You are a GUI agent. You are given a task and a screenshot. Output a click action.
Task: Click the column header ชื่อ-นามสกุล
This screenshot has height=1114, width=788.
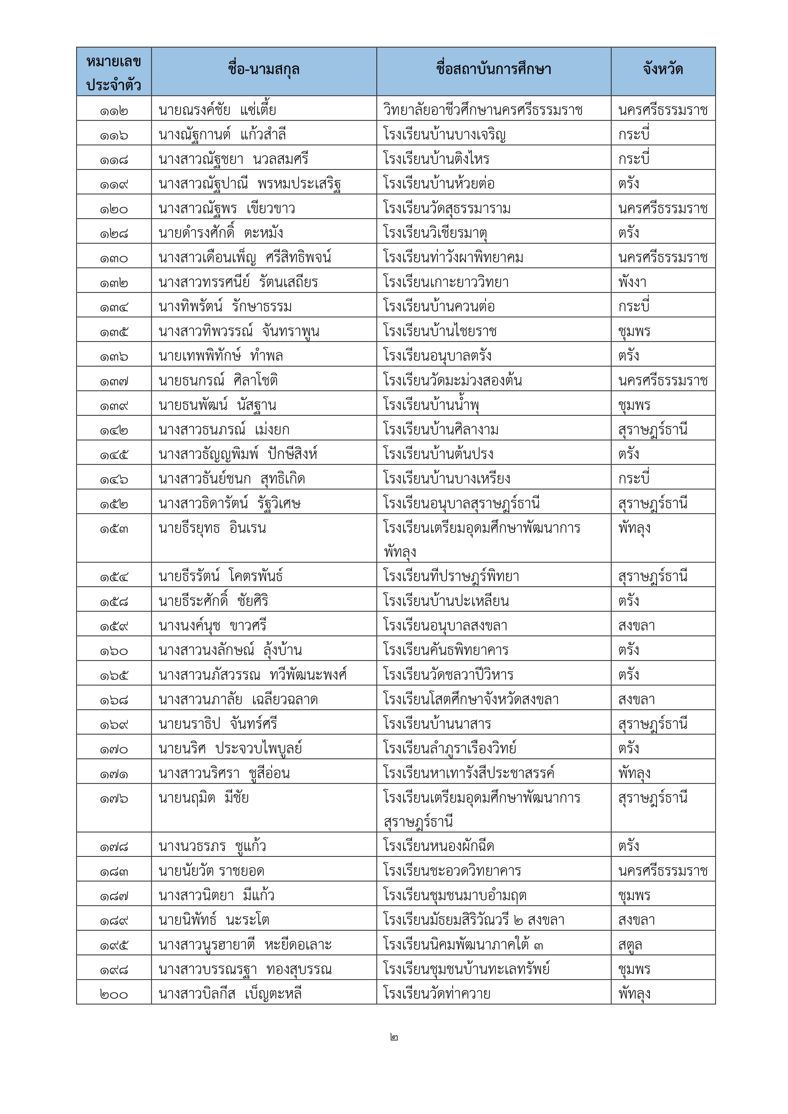(263, 70)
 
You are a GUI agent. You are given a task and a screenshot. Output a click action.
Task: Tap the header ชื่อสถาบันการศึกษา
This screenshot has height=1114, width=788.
(493, 70)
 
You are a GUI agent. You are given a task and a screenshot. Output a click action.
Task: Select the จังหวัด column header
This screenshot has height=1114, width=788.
(663, 70)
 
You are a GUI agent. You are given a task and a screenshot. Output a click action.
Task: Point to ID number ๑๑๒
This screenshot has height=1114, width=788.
(113, 111)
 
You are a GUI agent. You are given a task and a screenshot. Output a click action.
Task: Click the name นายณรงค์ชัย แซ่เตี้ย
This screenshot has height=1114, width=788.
(217, 110)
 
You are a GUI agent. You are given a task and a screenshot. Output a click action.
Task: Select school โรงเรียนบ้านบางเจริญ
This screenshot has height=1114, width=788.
(444, 134)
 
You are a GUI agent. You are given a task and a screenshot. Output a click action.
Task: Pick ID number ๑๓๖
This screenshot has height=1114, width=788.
(113, 357)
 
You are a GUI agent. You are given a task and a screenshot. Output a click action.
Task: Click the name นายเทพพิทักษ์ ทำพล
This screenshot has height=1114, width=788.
(220, 356)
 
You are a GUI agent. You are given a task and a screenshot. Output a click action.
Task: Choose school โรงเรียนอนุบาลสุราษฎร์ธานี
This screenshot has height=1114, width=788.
(461, 503)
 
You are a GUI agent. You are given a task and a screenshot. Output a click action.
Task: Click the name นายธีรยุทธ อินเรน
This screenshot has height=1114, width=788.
(212, 528)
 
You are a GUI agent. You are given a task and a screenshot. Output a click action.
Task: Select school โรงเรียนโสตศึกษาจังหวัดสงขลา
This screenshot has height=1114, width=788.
(471, 700)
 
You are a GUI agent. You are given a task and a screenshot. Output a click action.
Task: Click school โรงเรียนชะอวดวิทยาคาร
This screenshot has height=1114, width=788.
(452, 871)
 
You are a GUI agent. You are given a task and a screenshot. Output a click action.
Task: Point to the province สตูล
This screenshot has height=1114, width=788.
(630, 944)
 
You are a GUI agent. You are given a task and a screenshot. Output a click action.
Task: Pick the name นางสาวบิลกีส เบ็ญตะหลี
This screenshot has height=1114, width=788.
(230, 994)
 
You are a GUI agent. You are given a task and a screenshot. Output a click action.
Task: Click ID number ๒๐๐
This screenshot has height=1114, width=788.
(113, 994)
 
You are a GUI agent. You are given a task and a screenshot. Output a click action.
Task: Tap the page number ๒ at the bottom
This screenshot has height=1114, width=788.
(394, 1037)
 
